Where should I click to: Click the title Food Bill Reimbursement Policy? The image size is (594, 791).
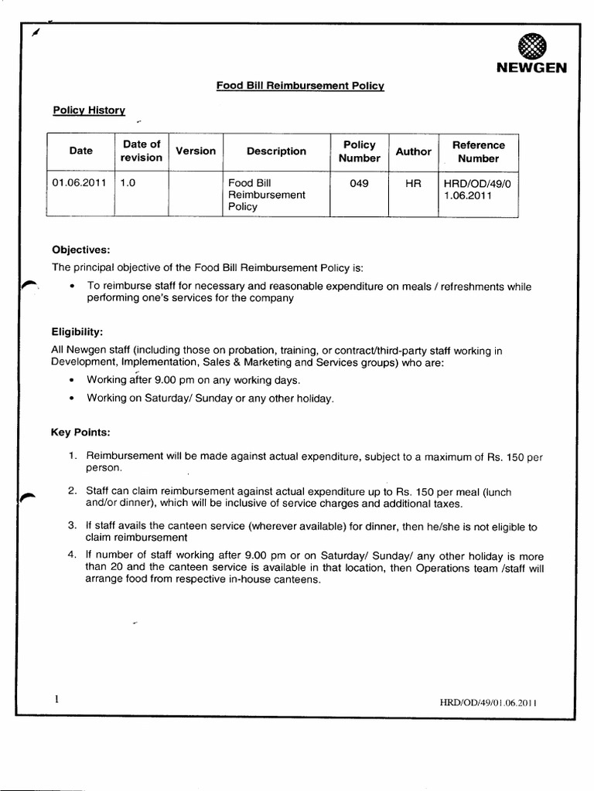[x=300, y=87]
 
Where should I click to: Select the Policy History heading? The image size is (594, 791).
[x=89, y=110]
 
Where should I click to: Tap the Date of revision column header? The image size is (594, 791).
[x=142, y=151]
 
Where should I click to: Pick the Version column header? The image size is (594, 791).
[x=196, y=151]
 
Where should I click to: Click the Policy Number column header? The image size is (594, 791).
[x=359, y=151]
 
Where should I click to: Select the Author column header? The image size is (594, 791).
[x=413, y=151]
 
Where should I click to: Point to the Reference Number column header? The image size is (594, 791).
[x=478, y=151]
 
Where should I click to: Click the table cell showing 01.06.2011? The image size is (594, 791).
[x=79, y=183]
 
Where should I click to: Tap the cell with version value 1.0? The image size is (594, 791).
[x=128, y=183]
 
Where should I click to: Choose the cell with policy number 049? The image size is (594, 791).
[x=359, y=183]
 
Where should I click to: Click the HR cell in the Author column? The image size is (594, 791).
[x=413, y=183]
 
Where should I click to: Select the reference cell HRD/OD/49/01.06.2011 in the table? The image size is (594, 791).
[x=473, y=189]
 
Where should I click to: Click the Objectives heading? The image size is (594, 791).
[x=81, y=250]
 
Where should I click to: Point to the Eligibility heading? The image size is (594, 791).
[x=77, y=331]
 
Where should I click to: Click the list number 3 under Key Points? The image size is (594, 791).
[x=71, y=525]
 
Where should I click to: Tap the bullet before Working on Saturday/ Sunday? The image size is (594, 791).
[x=71, y=399]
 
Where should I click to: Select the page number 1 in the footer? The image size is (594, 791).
[x=56, y=699]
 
